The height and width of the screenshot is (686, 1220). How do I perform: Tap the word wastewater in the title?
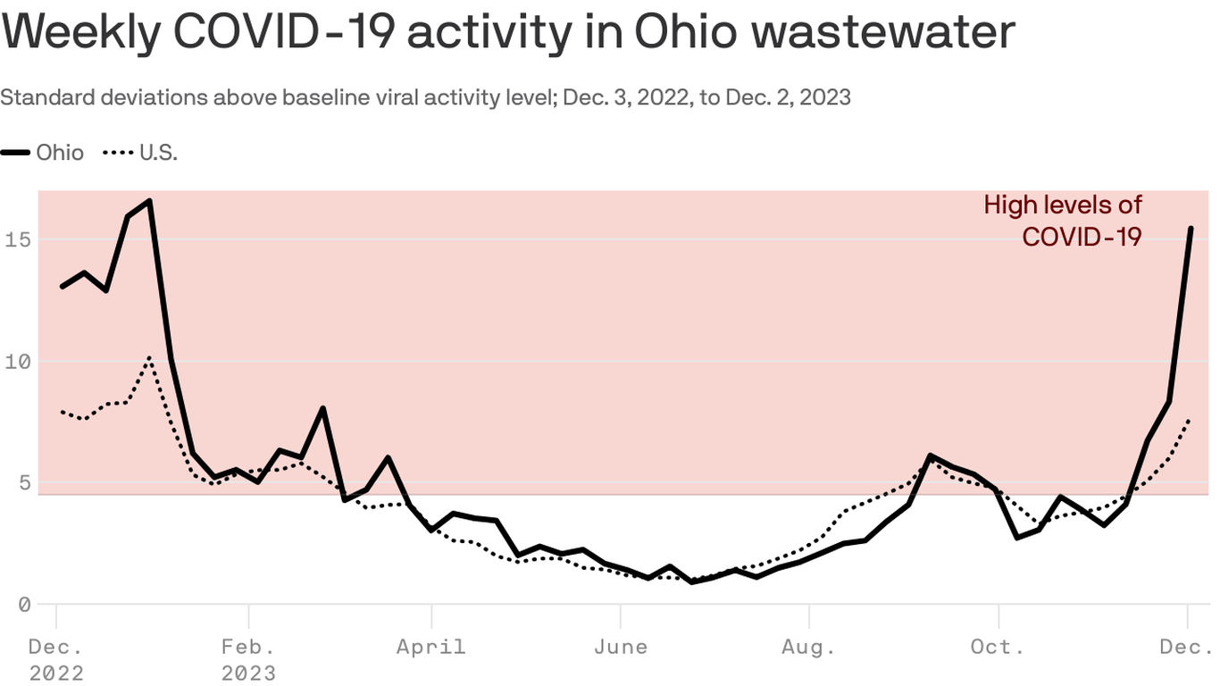point(884,31)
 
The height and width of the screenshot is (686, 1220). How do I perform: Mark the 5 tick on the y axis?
point(24,483)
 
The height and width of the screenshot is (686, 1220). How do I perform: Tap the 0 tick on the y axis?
point(24,605)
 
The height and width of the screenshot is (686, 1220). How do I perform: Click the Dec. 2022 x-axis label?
point(56,658)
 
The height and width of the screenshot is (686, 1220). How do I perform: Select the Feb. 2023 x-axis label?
point(248,658)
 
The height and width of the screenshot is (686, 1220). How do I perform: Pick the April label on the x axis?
point(431,646)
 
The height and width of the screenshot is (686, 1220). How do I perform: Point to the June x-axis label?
point(621,646)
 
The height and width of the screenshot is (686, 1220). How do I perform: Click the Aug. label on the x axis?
point(808,646)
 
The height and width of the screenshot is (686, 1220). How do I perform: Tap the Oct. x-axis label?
point(998,646)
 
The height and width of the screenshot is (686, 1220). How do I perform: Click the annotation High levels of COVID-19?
point(1063,221)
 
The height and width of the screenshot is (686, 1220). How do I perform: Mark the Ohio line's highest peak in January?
point(149,201)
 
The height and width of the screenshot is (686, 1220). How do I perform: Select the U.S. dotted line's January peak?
point(149,358)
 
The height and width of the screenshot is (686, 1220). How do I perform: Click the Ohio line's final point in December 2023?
point(1191,229)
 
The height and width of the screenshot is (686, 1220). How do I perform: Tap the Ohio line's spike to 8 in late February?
point(322,408)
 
